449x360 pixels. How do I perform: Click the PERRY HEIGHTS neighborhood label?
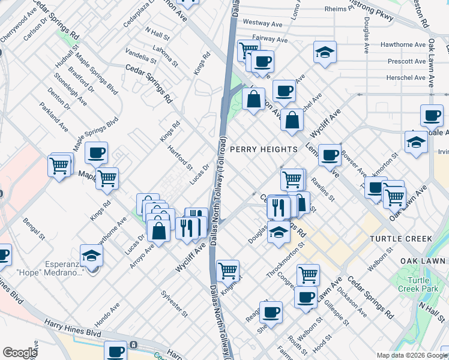pyautogui.click(x=264, y=149)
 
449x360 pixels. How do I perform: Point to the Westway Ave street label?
pyautogui.click(x=262, y=25)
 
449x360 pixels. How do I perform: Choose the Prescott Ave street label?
pyautogui.click(x=390, y=61)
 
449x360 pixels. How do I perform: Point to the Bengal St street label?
pyautogui.click(x=34, y=229)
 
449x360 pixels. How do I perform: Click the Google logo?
pyautogui.click(x=20, y=353)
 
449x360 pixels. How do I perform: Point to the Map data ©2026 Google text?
pyautogui.click(x=411, y=355)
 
